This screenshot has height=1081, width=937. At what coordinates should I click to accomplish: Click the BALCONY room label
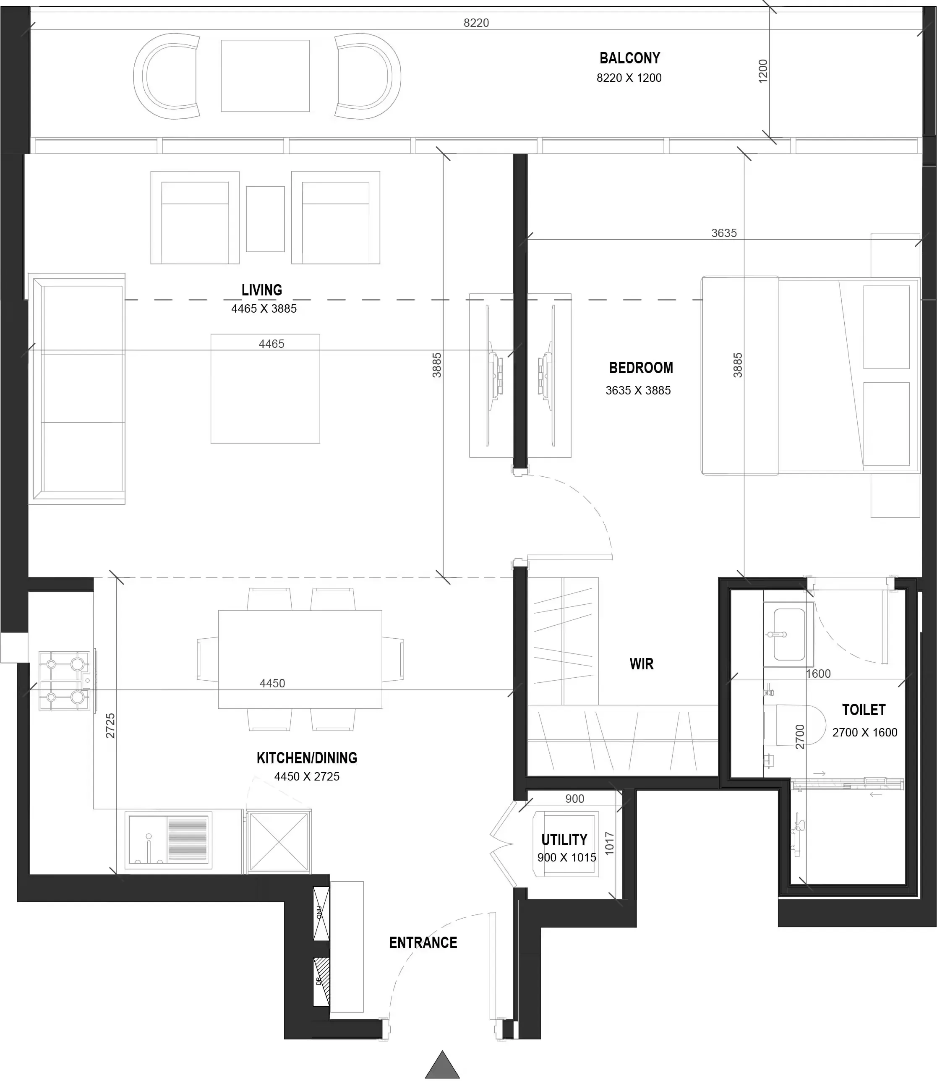click(629, 57)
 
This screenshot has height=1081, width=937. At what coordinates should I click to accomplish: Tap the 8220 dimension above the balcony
click(476, 23)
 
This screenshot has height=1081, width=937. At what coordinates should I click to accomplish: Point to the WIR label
click(641, 664)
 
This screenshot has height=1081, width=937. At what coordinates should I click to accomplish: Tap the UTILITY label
click(564, 840)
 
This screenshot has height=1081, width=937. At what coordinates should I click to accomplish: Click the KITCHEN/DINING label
click(307, 758)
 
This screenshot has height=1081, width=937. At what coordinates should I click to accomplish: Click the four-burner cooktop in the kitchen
click(64, 680)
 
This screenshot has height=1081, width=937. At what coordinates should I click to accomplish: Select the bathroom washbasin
click(788, 634)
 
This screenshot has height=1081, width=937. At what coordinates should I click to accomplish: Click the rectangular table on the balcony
click(265, 76)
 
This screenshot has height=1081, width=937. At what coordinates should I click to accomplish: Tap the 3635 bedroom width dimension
click(724, 233)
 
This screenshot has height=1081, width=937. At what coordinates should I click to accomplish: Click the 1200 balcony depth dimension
click(762, 70)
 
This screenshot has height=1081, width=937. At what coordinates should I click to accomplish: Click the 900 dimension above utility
click(574, 799)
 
